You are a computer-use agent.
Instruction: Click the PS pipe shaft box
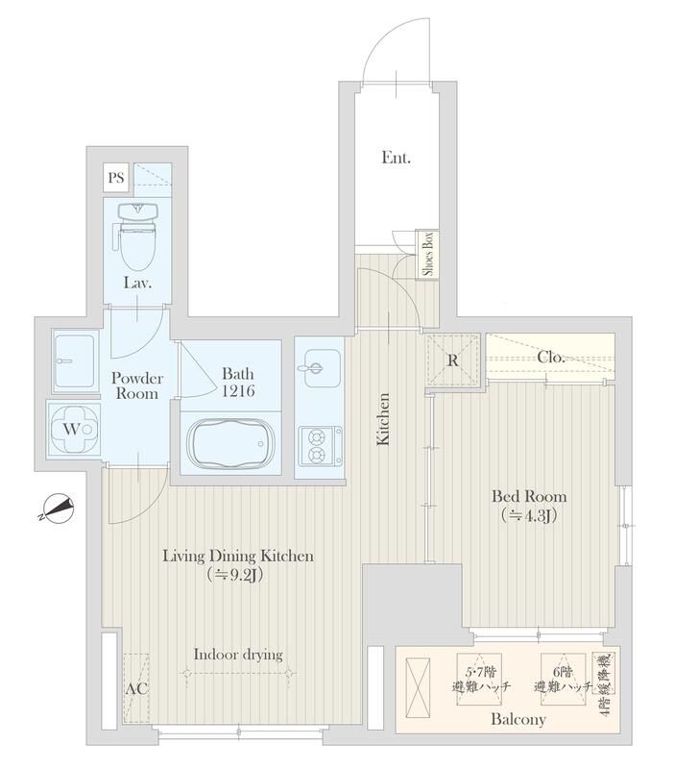click(116, 177)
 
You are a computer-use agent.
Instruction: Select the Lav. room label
click(137, 283)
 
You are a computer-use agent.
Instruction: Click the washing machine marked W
click(74, 430)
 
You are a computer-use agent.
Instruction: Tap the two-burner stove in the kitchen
click(321, 446)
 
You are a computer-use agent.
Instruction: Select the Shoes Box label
click(428, 254)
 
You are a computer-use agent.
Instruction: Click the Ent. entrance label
click(397, 158)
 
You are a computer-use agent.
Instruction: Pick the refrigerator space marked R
click(452, 360)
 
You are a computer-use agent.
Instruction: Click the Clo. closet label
click(551, 357)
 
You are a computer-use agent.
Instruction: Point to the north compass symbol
click(58, 509)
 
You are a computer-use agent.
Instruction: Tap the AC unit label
click(136, 689)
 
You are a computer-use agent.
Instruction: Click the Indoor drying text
click(238, 655)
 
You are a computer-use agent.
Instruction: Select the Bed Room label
click(529, 496)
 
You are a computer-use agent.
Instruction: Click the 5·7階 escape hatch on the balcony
click(479, 680)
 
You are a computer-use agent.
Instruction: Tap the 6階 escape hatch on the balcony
click(563, 680)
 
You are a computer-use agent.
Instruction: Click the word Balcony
click(518, 719)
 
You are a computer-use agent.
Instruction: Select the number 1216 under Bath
click(238, 391)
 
